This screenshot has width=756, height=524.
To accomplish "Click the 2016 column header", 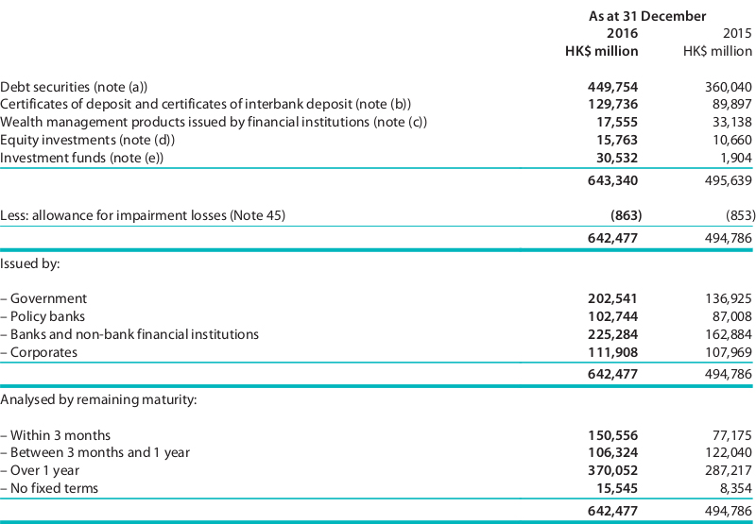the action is click(x=622, y=33).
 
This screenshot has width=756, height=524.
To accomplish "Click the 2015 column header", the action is click(x=737, y=33).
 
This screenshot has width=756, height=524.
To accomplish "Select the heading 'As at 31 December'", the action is click(x=647, y=16).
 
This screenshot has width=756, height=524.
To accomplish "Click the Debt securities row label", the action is click(x=74, y=87).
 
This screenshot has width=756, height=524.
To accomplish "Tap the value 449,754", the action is click(x=612, y=87).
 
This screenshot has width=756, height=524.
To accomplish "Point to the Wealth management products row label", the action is click(x=214, y=123).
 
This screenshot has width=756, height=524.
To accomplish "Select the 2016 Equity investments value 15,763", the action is click(x=617, y=140).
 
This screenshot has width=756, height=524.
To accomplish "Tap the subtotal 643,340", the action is click(x=612, y=180).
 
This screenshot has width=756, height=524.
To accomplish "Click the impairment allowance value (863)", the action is click(x=626, y=215).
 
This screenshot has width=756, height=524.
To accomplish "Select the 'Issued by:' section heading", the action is click(x=30, y=264).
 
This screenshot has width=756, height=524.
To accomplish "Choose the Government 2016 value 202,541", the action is click(x=612, y=298).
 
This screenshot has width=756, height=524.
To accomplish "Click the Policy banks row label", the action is click(x=43, y=316).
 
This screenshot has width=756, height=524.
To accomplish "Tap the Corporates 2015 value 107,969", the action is click(x=728, y=352).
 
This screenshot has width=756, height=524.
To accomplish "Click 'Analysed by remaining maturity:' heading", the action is click(x=98, y=400).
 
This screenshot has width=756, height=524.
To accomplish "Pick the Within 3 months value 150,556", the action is click(x=612, y=435).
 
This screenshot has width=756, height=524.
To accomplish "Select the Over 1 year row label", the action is click(x=40, y=470).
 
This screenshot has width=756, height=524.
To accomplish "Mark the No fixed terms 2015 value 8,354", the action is click(x=736, y=488).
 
